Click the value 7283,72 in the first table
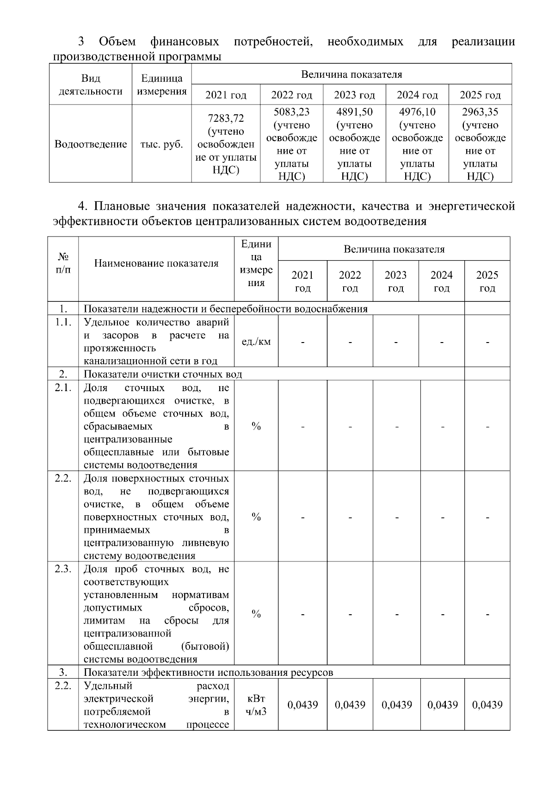tap(226, 118)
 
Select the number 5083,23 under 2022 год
tap(291, 112)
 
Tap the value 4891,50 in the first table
tap(354, 112)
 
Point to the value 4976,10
tap(417, 112)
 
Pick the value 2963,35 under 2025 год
tap(480, 112)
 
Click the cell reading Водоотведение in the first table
tap(91, 144)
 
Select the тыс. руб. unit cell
tap(161, 144)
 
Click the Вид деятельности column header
tap(91, 85)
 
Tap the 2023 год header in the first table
tap(354, 95)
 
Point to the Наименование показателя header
tap(156, 263)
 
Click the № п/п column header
tap(63, 263)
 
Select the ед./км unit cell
tap(256, 342)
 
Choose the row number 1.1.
tap(63, 323)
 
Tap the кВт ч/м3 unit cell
tap(256, 705)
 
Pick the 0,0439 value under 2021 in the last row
tap(302, 705)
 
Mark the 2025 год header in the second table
tap(487, 281)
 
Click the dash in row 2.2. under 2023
tap(396, 517)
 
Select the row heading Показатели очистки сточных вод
tap(163, 374)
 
